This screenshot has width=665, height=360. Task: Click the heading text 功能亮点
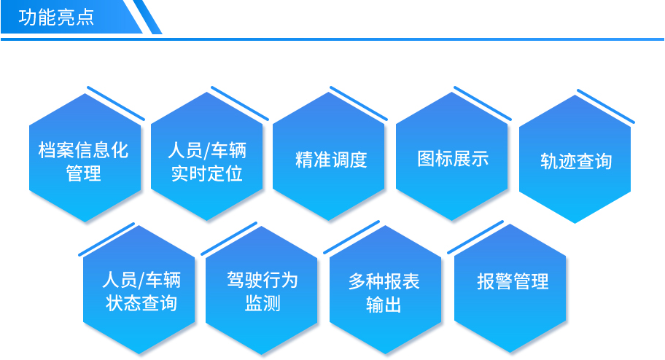click(x=56, y=17)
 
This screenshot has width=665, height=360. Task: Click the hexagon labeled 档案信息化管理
click(x=85, y=157)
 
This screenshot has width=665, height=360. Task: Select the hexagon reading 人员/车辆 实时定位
click(x=207, y=156)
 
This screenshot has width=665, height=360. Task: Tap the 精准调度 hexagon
click(x=329, y=156)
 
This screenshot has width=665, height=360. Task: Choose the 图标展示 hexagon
click(x=451, y=156)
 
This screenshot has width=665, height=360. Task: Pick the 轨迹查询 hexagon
click(x=575, y=159)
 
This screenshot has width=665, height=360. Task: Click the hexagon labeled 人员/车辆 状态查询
click(x=139, y=289)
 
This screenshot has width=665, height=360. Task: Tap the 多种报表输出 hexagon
click(x=386, y=289)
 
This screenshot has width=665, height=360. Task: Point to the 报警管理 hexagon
click(x=510, y=289)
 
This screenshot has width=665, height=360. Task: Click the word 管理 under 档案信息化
click(x=84, y=173)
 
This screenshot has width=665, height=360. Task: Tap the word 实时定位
click(x=207, y=173)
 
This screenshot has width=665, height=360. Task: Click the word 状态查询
click(x=141, y=303)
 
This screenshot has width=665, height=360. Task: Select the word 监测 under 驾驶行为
click(x=262, y=303)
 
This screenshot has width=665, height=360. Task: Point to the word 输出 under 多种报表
click(x=384, y=305)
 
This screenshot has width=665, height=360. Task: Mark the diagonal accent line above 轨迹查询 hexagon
click(x=606, y=106)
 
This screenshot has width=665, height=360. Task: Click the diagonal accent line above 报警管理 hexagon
click(x=475, y=238)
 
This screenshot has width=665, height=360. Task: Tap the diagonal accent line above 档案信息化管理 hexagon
click(x=116, y=103)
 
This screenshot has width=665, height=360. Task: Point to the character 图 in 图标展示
click(x=426, y=159)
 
